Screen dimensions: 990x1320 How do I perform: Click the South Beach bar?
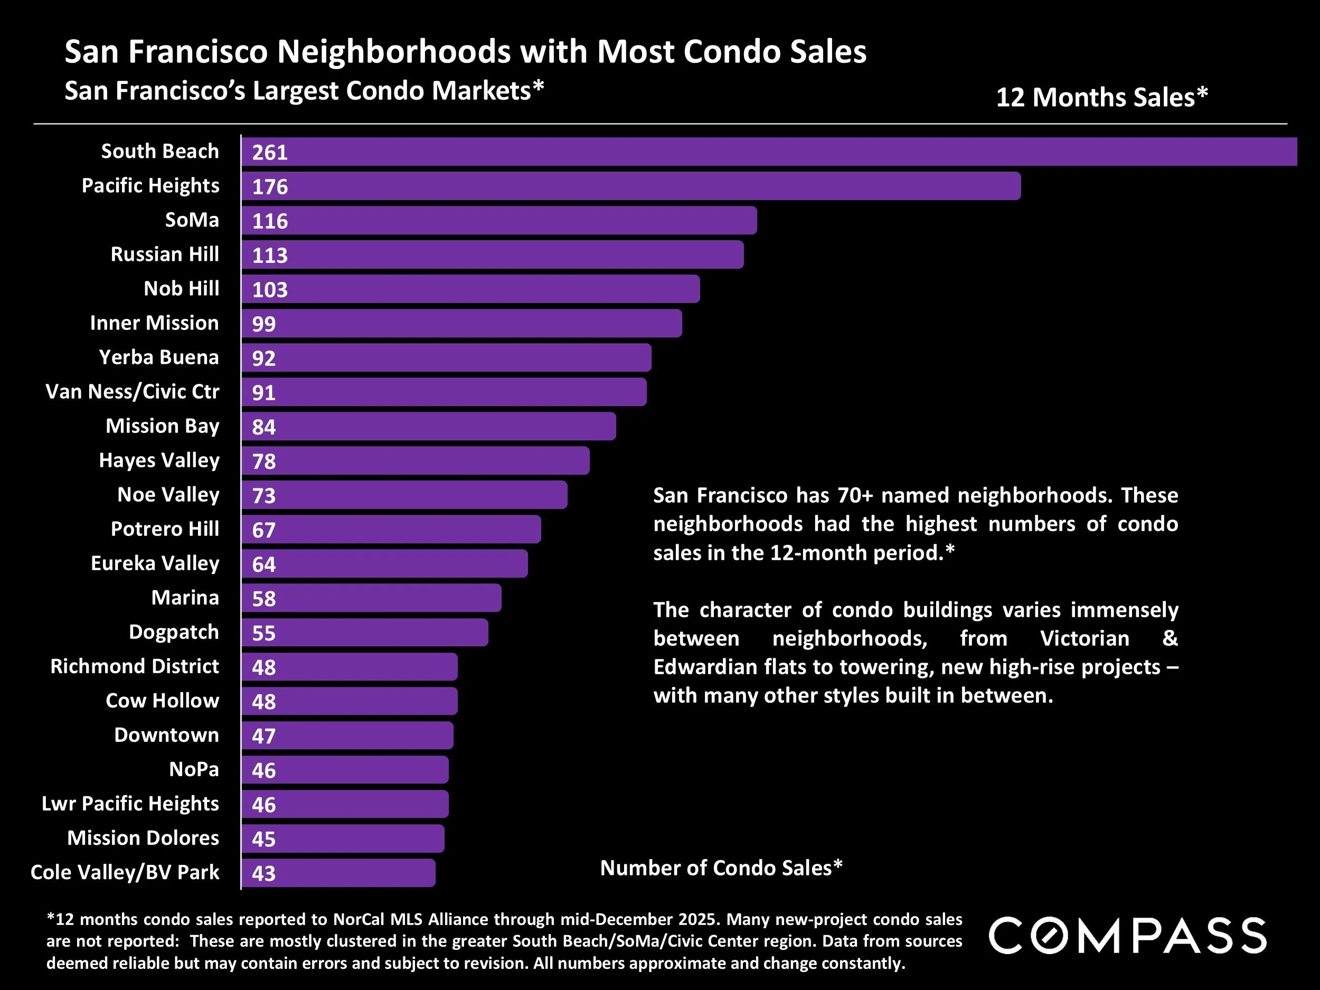pyautogui.click(x=770, y=152)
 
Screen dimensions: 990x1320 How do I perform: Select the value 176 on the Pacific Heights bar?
pyautogui.click(x=270, y=187)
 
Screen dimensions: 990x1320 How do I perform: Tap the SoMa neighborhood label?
pyautogui.click(x=192, y=220)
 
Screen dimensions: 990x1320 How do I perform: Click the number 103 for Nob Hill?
pyautogui.click(x=270, y=289)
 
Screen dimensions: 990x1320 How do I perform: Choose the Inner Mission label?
pyautogui.click(x=155, y=323)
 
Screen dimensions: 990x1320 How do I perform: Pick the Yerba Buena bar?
pyautogui.click(x=446, y=357)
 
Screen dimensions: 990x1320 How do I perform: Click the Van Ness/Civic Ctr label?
pyautogui.click(x=133, y=391)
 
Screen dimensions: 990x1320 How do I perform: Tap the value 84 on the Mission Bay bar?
pyautogui.click(x=264, y=427)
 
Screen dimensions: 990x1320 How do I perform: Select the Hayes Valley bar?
pyautogui.click(x=416, y=461)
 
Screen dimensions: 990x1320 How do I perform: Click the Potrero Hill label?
pyautogui.click(x=165, y=529)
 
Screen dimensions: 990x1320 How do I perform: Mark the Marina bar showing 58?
pyautogui.click(x=372, y=598)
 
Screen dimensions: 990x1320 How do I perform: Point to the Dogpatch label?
pyautogui.click(x=174, y=632)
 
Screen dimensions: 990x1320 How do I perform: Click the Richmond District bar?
pyautogui.click(x=350, y=666)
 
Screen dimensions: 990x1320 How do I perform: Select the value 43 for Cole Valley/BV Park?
pyautogui.click(x=264, y=873)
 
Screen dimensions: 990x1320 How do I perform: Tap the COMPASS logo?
pyautogui.click(x=1127, y=936)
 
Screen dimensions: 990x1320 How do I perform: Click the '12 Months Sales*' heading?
pyautogui.click(x=1101, y=97)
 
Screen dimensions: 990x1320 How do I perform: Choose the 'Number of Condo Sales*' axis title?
pyautogui.click(x=721, y=868)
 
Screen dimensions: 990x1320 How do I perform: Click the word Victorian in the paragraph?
pyautogui.click(x=1085, y=638)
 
